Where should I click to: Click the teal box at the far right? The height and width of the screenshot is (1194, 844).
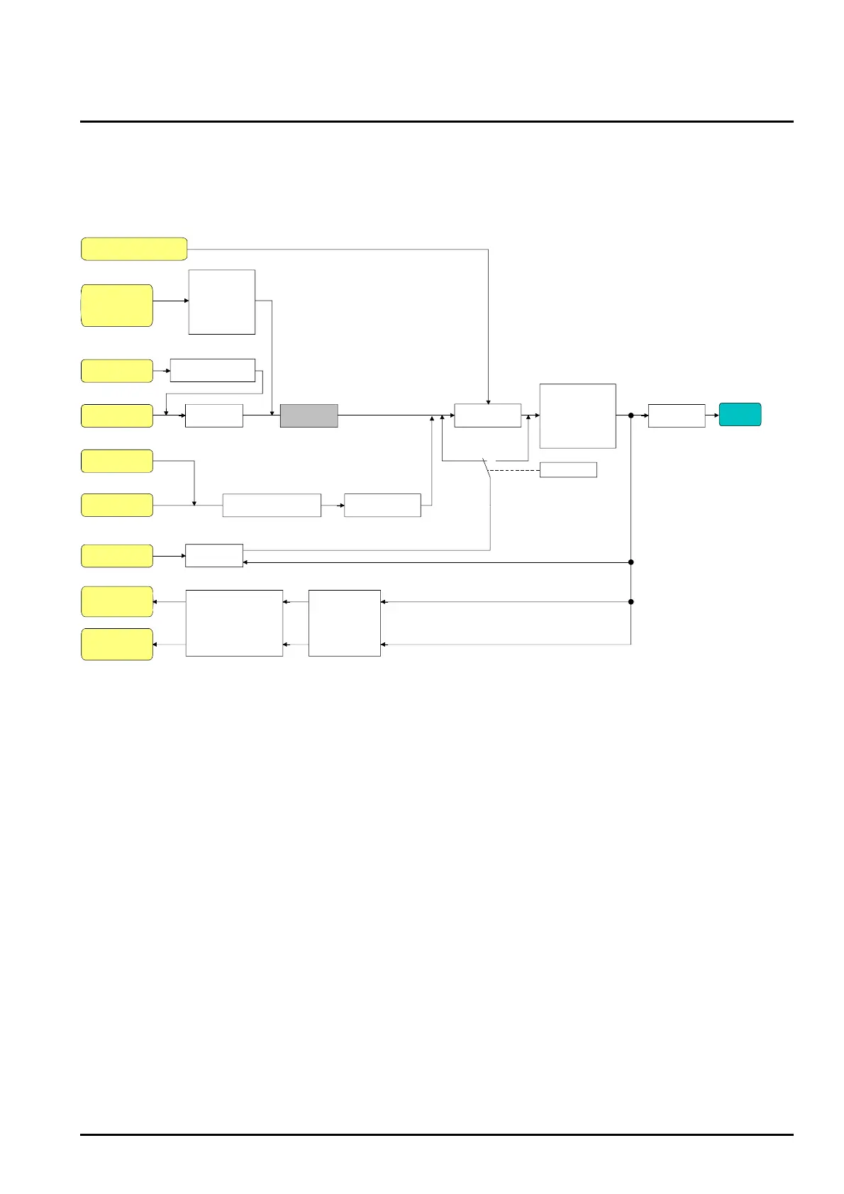[740, 415]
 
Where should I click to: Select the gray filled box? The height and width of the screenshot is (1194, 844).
[309, 415]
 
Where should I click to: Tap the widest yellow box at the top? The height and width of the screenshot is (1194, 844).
[134, 249]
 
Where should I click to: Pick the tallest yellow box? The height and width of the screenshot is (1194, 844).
[117, 306]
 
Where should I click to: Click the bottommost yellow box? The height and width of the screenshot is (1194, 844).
[117, 644]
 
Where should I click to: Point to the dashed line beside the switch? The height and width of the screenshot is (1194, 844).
[514, 470]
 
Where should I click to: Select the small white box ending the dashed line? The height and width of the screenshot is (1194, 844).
[567, 470]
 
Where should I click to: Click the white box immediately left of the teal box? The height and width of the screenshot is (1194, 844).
[676, 415]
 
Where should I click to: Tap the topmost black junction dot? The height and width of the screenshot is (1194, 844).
[631, 415]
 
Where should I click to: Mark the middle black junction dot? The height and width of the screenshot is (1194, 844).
[631, 562]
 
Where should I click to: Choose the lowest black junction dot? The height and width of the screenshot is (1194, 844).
[631, 602]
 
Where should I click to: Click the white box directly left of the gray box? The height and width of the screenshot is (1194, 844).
[213, 415]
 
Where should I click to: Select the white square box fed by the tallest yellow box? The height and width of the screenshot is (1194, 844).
[221, 302]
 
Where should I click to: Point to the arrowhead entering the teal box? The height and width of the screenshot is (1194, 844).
[716, 415]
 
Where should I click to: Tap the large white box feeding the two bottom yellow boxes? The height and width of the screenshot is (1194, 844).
[234, 623]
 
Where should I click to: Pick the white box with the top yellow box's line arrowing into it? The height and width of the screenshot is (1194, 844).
[487, 415]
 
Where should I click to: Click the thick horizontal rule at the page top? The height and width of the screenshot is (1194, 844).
[436, 121]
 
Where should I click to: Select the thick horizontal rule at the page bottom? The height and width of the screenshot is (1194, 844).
[436, 1134]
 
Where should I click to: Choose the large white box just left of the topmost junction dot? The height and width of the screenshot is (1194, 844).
[577, 416]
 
